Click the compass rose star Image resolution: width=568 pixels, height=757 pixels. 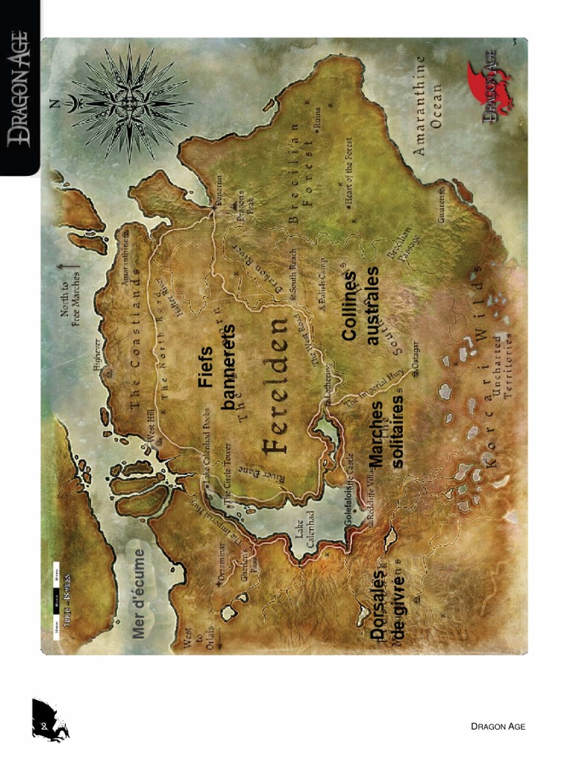(x=129, y=102)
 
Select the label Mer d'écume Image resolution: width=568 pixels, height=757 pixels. (x=138, y=588)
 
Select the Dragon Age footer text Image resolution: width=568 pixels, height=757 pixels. (x=498, y=727)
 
